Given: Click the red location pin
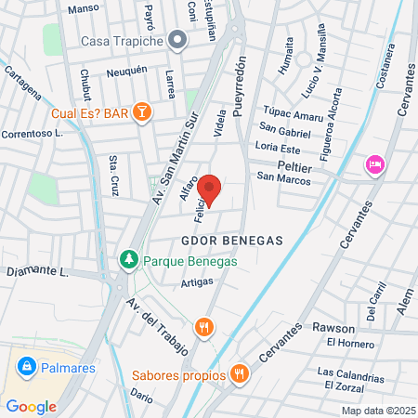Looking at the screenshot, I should point(210,189).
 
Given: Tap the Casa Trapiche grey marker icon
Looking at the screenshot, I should point(179,41).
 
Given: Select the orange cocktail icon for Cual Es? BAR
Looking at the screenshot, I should point(142,113).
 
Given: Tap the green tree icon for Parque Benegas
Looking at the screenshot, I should point(129,261).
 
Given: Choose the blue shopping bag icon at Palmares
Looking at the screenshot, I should point(27,367).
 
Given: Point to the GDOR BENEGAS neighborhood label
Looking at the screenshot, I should point(232,240).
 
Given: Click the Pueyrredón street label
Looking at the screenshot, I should point(241,87).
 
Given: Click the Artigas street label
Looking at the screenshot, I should point(198,281).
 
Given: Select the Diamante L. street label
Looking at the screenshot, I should point(38,272).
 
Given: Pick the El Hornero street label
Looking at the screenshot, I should point(348,343).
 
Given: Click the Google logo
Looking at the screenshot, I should point(32,406).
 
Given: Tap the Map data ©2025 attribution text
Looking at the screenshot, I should point(378,411).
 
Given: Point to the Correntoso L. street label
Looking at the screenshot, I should point(32,134).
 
